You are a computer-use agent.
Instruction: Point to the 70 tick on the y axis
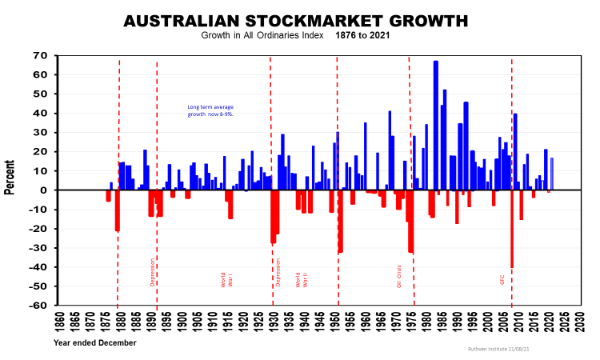point(39,55)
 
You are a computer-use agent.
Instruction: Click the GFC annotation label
point(502,280)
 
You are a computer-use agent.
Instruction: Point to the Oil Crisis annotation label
point(399,275)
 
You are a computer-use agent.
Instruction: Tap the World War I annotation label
point(226,279)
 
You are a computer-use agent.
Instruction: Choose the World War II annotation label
point(302,279)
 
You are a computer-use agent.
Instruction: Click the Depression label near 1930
point(278,272)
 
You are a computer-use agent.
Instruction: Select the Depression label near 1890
point(152,272)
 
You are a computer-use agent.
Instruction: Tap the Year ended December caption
point(94,342)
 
